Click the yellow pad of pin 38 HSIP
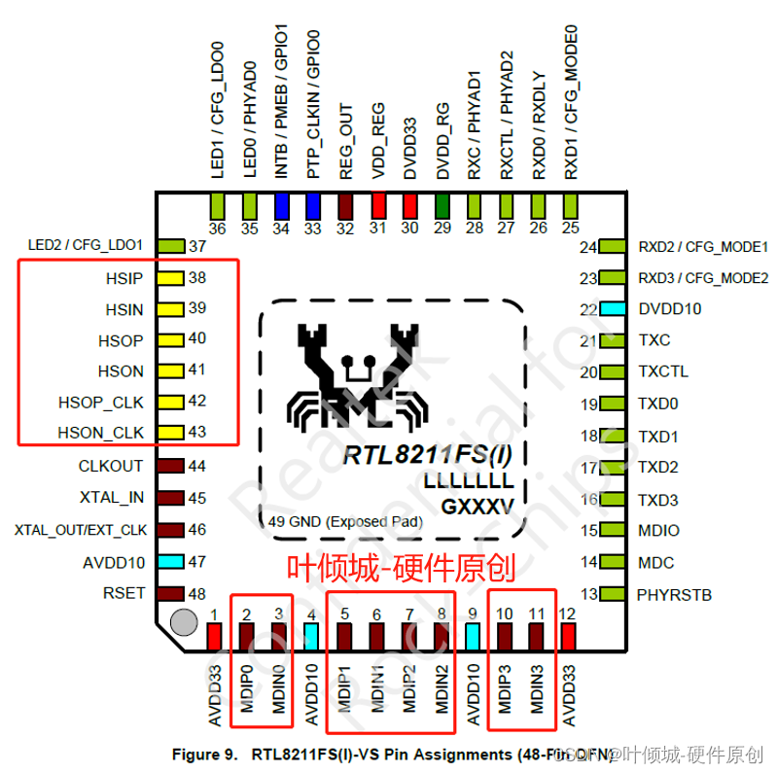coord(172,278)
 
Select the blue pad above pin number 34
coord(282,206)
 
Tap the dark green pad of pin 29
coord(442,206)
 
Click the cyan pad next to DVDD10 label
coord(612,309)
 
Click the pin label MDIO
coord(658,531)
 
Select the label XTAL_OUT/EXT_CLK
coord(80,531)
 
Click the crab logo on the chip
coord(354,373)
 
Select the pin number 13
coord(588,594)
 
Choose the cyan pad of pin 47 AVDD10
coord(171,562)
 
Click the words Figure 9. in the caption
coord(206,754)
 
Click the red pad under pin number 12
coord(569,636)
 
